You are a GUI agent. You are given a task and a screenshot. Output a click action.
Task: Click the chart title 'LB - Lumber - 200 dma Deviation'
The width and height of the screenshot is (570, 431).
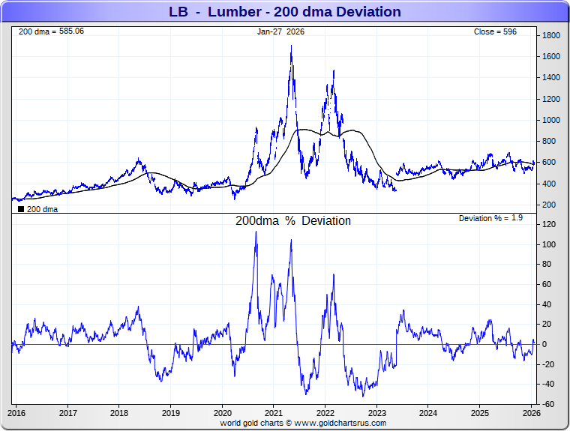click(285, 12)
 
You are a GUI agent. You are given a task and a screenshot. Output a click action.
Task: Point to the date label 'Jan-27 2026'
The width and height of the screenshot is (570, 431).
click(280, 31)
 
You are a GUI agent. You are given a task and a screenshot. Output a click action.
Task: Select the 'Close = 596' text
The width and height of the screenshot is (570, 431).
click(495, 31)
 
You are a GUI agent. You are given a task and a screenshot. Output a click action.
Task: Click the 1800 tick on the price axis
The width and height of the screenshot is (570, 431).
click(552, 35)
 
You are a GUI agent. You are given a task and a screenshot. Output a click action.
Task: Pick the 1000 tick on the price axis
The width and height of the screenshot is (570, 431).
click(552, 120)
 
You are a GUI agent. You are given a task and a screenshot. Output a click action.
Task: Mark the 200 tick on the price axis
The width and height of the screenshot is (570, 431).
click(550, 205)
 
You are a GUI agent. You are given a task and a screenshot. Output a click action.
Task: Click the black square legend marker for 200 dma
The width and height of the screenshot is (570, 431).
click(20, 209)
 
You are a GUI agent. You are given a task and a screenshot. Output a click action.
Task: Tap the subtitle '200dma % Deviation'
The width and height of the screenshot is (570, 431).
click(293, 221)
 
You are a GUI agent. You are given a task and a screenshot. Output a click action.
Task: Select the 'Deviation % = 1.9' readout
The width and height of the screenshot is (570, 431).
click(490, 217)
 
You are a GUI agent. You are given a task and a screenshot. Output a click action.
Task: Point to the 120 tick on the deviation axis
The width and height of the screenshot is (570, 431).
click(550, 225)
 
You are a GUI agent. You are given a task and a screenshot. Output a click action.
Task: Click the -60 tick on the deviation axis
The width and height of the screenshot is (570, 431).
click(550, 404)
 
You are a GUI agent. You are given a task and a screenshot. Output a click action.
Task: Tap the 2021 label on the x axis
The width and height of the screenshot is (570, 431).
click(273, 412)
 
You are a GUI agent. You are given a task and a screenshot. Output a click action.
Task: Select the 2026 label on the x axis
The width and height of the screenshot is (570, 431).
click(531, 412)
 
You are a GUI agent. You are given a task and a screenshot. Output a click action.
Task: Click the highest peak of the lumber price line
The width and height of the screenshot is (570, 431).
click(291, 46)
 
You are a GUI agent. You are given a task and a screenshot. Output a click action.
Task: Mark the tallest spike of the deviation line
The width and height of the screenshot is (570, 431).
click(256, 232)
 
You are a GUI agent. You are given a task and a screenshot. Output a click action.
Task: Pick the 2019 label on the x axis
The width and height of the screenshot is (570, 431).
click(170, 412)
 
